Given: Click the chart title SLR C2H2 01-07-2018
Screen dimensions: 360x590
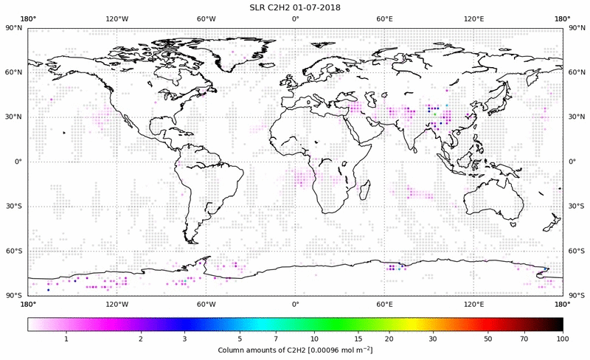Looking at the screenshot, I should pos(295,7).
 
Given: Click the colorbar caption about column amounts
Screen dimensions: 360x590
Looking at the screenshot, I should pos(295,349).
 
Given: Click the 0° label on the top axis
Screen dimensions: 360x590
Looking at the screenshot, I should pos(295,19).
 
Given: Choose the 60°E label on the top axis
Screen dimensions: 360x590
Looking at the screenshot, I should pos(384,19).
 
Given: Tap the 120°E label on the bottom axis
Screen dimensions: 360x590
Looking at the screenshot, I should pos(473,304).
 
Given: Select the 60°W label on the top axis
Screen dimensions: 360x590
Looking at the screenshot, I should pos(206,19).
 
